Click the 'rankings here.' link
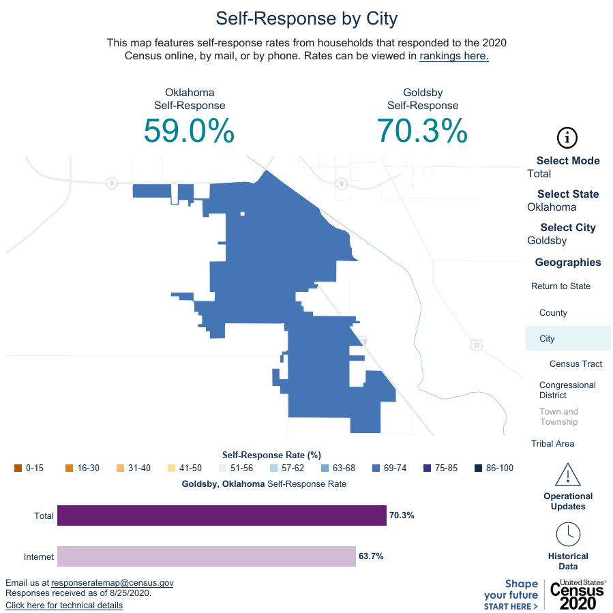tap(454, 56)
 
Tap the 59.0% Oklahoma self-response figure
tap(189, 130)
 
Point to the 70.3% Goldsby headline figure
tap(423, 130)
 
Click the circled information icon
tap(567, 137)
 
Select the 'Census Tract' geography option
tap(575, 364)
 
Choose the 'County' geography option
tap(553, 313)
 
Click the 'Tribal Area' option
tap(552, 444)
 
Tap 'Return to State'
tap(560, 286)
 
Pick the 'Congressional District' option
tap(567, 390)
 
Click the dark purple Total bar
tap(222, 515)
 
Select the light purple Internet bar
tap(207, 556)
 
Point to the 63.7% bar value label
tap(371, 556)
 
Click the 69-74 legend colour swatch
tap(376, 468)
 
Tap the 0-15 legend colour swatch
tap(18, 468)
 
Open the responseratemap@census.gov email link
tap(113, 583)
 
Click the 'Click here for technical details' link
tap(64, 605)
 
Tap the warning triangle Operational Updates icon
tap(568, 474)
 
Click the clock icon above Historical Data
tap(568, 534)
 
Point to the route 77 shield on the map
tap(476, 346)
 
